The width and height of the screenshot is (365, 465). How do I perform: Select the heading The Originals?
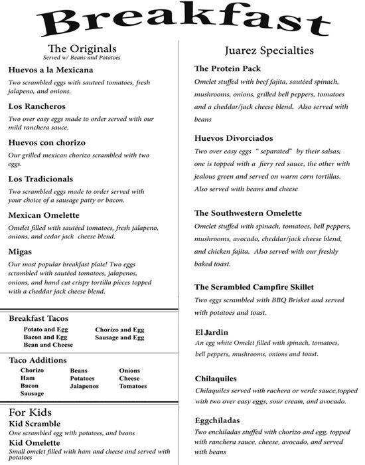(x=83, y=48)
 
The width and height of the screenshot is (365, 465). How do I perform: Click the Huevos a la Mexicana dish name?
(x=51, y=70)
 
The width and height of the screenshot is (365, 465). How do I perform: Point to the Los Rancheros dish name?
(x=36, y=106)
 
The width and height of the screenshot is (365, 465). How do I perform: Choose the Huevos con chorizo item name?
(x=46, y=142)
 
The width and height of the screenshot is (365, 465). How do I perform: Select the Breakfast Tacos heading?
(x=48, y=319)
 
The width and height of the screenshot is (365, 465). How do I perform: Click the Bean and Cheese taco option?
(x=48, y=345)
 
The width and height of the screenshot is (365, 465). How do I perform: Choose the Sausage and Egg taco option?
(x=119, y=337)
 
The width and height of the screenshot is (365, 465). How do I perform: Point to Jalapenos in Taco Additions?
(x=84, y=385)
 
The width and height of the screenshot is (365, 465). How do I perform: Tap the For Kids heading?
(x=32, y=411)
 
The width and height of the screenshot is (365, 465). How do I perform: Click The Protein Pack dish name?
(x=228, y=69)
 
